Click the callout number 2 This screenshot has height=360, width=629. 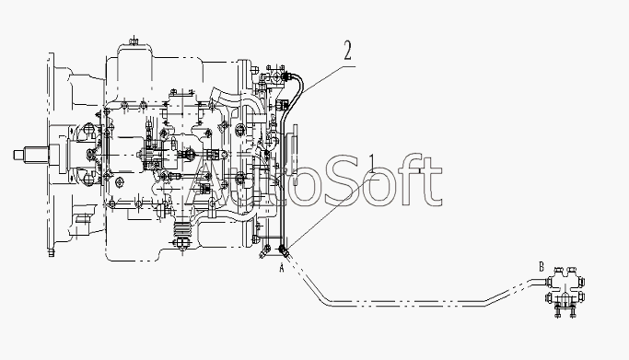click(347, 51)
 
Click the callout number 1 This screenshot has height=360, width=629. click(372, 165)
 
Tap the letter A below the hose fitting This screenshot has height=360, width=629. click(282, 267)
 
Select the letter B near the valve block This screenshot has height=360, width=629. click(542, 266)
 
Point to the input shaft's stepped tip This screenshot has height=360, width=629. click(19, 155)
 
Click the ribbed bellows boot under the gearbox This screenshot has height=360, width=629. click(182, 229)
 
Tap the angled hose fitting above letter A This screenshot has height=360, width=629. click(284, 251)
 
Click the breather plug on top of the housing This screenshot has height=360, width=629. click(134, 41)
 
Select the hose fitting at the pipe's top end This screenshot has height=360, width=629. click(286, 75)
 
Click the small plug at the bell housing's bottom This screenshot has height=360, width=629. click(51, 253)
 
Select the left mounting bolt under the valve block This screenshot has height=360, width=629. click(558, 311)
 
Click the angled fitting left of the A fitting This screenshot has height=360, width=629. click(265, 252)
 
